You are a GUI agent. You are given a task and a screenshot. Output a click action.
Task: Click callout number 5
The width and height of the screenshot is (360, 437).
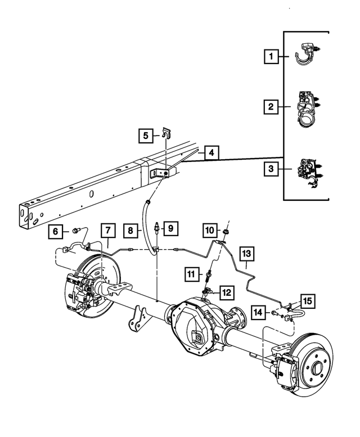pos(146,135)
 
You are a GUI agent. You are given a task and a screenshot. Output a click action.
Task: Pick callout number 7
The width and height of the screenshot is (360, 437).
pos(108,230)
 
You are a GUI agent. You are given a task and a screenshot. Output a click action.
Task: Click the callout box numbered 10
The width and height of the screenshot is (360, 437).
pos(208,230)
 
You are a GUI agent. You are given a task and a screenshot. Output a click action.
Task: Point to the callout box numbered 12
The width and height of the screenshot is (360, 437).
pos(226,292)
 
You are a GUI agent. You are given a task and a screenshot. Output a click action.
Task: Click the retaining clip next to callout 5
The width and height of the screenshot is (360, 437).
pos(165,134)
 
